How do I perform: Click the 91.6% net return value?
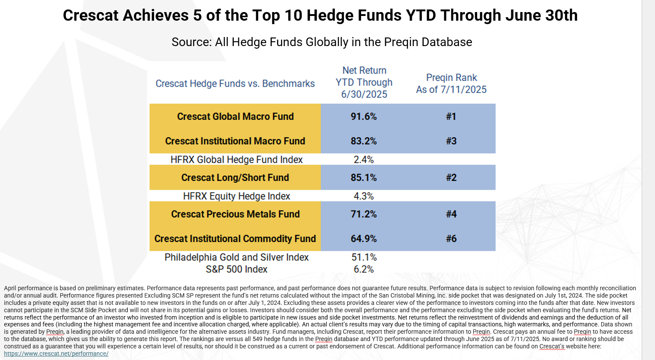pyautogui.click(x=364, y=117)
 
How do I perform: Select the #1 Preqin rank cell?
pyautogui.click(x=451, y=117)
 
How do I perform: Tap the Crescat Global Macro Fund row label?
pyautogui.click(x=235, y=117)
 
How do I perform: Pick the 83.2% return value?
pyautogui.click(x=364, y=141)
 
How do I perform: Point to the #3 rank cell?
pyautogui.click(x=451, y=141)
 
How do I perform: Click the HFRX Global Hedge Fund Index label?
pyautogui.click(x=237, y=159)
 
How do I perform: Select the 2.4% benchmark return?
pyautogui.click(x=364, y=159)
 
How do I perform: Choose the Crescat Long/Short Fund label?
pyautogui.click(x=235, y=178)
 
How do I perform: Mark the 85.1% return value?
pyautogui.click(x=364, y=178)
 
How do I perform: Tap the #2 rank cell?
pyautogui.click(x=451, y=178)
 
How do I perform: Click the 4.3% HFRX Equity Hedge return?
pyautogui.click(x=364, y=196)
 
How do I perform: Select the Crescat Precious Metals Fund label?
pyautogui.click(x=235, y=214)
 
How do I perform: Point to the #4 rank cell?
pyautogui.click(x=451, y=214)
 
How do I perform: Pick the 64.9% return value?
pyautogui.click(x=364, y=239)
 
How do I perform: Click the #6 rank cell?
pyautogui.click(x=451, y=239)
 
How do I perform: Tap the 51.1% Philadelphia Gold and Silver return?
pyautogui.click(x=364, y=257)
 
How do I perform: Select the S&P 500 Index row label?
pyautogui.click(x=237, y=269)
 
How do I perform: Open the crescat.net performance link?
pyautogui.click(x=56, y=354)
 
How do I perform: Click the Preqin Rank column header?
pyautogui.click(x=451, y=84)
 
